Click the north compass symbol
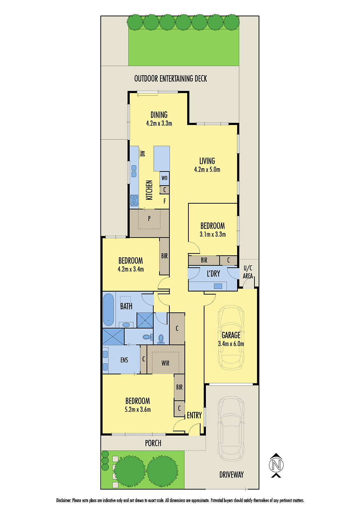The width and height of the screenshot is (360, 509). click(x=276, y=465)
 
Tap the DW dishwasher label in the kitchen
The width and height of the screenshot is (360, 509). click(x=143, y=154)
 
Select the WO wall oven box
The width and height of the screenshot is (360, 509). click(x=165, y=178)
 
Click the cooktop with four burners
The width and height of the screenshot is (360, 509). click(x=134, y=200)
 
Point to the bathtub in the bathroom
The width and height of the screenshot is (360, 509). click(x=108, y=310)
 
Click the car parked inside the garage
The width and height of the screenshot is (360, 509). click(x=231, y=339)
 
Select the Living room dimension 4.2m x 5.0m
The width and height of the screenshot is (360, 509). click(x=207, y=170)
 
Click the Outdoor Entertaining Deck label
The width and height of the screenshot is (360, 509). click(x=171, y=79)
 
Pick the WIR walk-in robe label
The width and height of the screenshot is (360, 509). click(x=165, y=363)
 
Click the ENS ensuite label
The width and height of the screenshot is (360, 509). click(x=124, y=360)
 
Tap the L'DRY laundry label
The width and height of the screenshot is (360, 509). click(x=213, y=274)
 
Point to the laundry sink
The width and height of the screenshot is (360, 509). click(x=218, y=286)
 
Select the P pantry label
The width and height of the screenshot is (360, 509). click(x=149, y=219)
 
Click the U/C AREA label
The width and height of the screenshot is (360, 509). click(x=248, y=272)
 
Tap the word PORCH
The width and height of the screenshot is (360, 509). click(x=153, y=443)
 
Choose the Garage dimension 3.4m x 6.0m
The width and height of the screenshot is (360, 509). click(x=231, y=344)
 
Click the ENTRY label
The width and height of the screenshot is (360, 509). click(x=194, y=415)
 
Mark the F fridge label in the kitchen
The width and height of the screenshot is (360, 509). click(x=165, y=201)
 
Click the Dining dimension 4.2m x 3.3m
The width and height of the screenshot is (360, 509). click(x=159, y=123)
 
